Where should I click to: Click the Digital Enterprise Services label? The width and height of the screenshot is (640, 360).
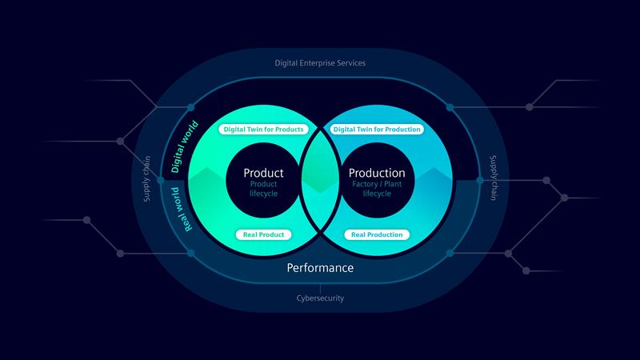(x=320, y=62)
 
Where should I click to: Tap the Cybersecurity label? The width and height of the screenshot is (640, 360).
(x=320, y=298)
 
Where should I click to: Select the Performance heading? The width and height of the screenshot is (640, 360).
(x=320, y=268)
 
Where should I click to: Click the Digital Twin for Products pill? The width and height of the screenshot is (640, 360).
(x=263, y=129)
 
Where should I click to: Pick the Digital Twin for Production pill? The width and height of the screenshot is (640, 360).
(x=377, y=129)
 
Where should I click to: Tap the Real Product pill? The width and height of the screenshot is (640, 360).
(x=263, y=234)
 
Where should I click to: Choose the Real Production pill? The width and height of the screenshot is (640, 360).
(x=377, y=234)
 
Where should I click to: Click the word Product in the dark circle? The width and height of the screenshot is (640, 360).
(x=263, y=173)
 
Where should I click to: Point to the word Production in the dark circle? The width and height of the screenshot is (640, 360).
(x=377, y=173)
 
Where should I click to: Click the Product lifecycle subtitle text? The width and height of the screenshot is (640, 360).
(x=263, y=189)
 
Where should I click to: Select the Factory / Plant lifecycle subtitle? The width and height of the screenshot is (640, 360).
(x=377, y=189)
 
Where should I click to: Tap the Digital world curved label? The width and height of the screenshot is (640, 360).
(x=185, y=147)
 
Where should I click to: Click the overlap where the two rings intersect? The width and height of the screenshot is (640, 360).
(x=320, y=181)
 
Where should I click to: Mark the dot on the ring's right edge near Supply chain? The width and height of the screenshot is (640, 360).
(x=480, y=181)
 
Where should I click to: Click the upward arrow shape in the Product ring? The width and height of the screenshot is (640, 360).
(x=204, y=174)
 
